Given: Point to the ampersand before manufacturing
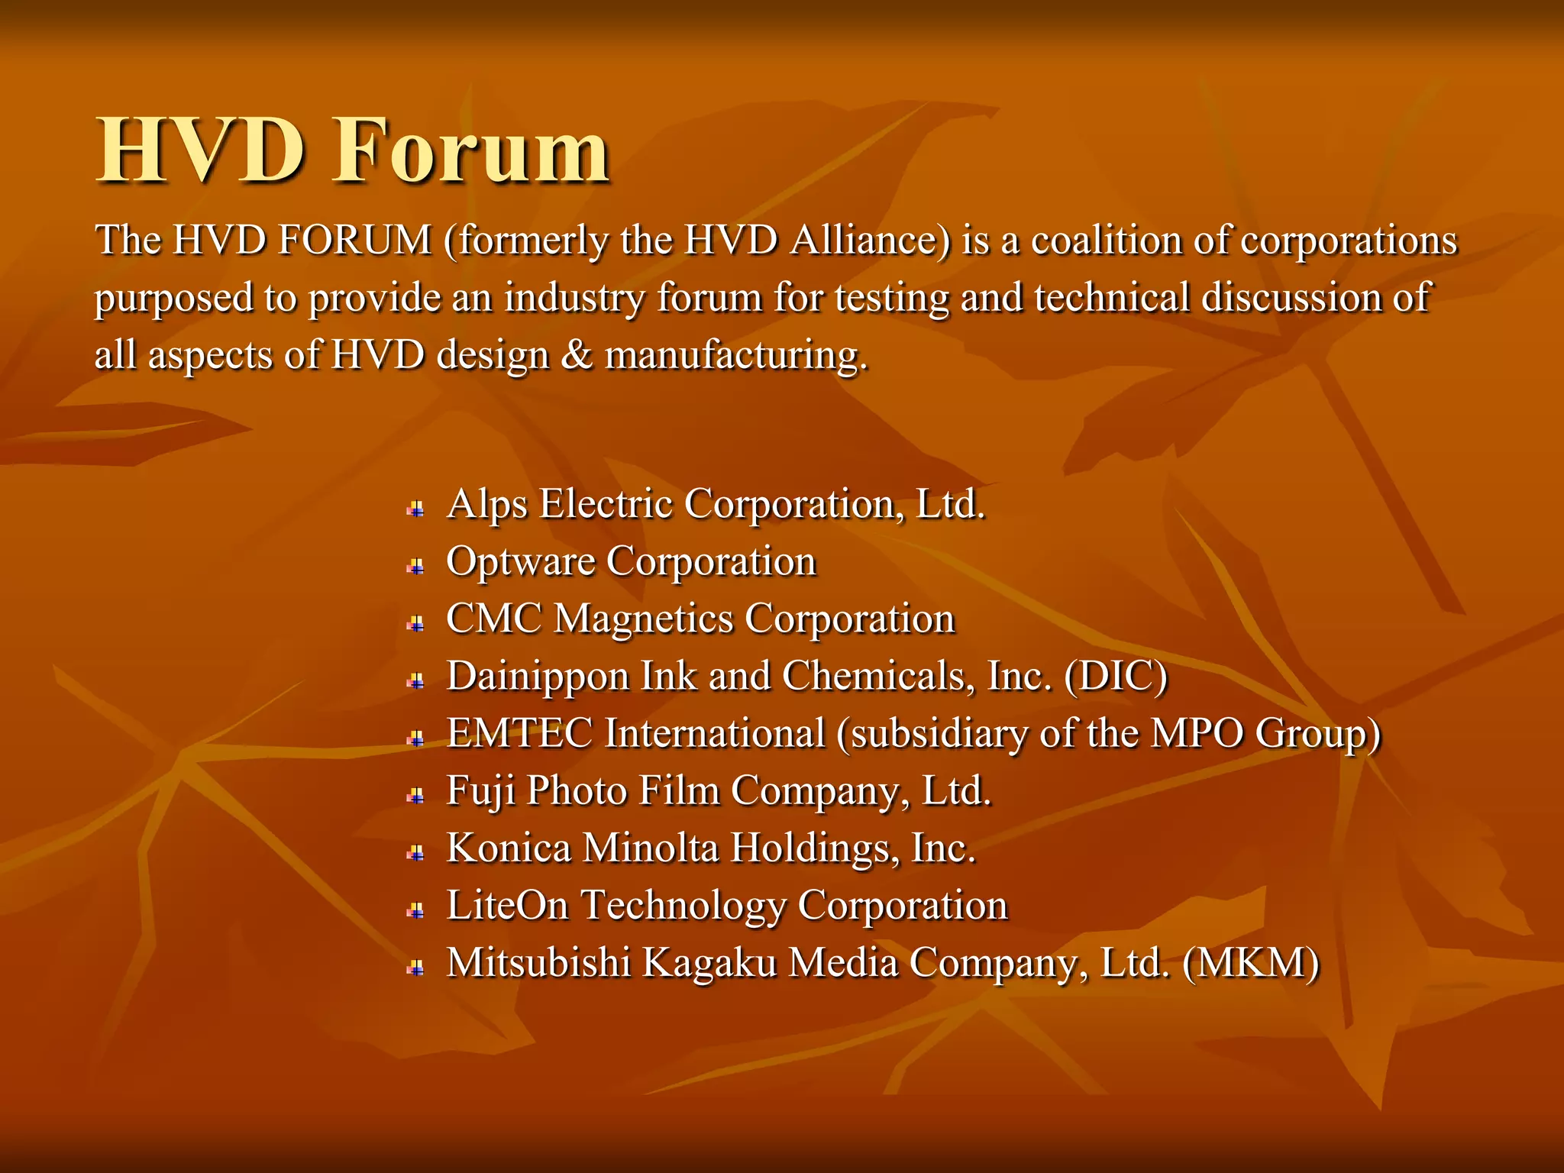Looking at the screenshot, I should (577, 355).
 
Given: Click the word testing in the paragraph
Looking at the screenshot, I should (891, 298).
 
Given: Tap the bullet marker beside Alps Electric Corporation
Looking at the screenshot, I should (415, 509).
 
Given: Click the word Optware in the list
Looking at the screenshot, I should (520, 563).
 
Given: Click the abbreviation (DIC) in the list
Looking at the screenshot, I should (1116, 677).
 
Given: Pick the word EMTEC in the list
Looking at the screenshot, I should (519, 733).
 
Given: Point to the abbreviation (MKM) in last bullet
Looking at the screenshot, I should (1250, 962).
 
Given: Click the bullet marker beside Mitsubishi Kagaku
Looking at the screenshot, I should (415, 968).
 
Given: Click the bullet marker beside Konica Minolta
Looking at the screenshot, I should (415, 853).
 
